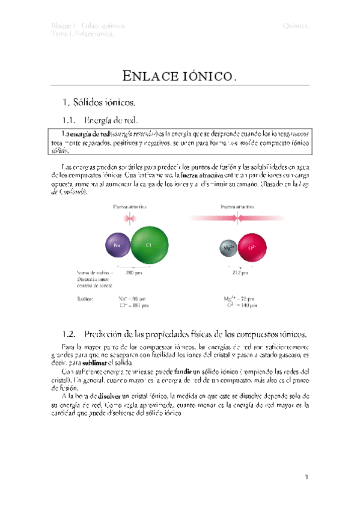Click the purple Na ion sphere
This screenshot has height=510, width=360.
pyautogui.click(x=117, y=245)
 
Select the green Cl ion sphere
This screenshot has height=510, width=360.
pyautogui.click(x=148, y=245)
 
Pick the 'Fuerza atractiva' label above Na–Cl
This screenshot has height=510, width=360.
pyautogui.click(x=130, y=206)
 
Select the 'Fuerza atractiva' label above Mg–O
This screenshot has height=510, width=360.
pyautogui.click(x=237, y=206)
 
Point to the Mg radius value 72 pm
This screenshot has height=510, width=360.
pyautogui.click(x=240, y=298)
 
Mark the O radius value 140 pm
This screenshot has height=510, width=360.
pyautogui.click(x=242, y=305)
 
